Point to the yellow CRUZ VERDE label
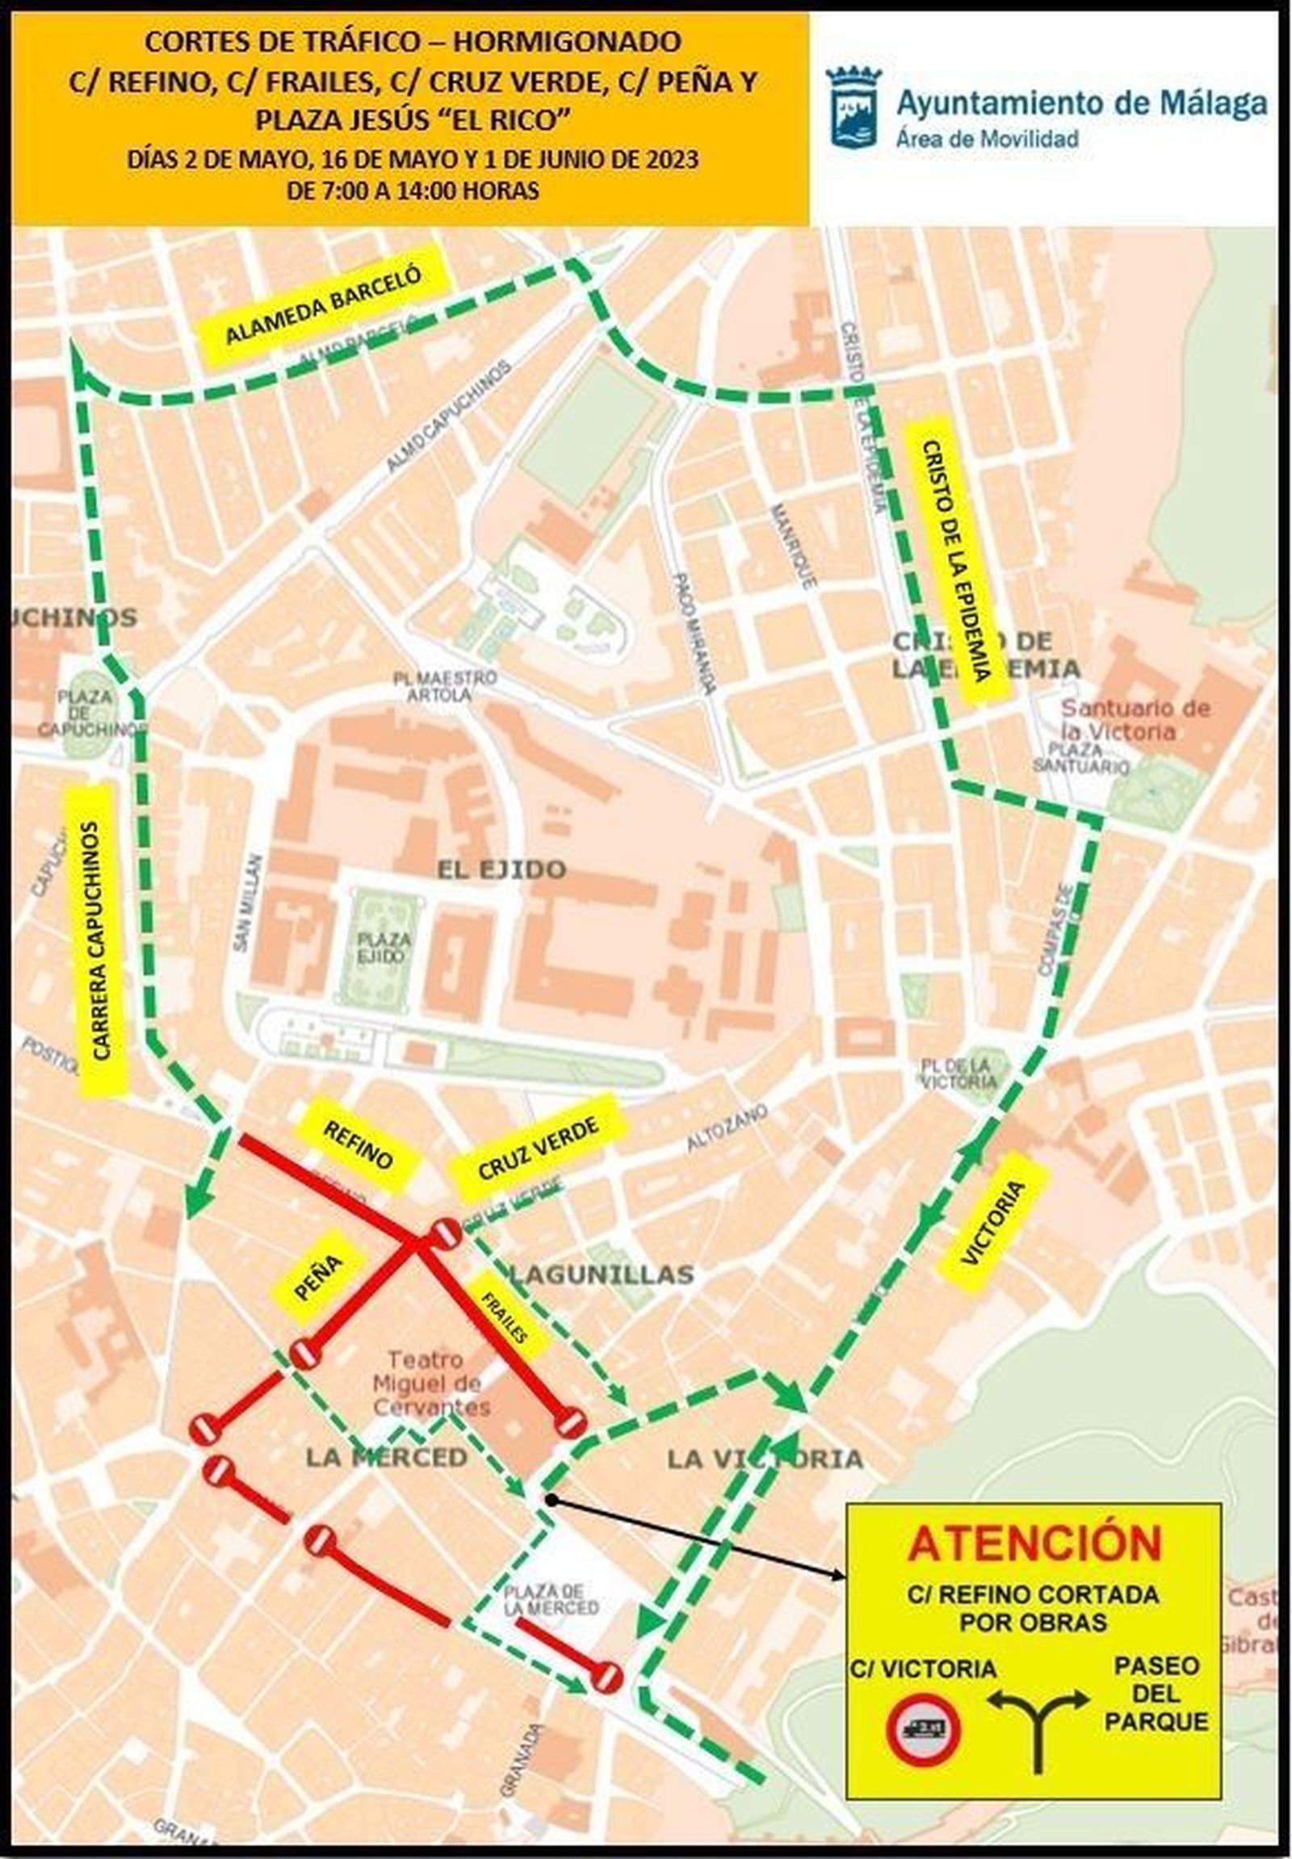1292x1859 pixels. (539, 1149)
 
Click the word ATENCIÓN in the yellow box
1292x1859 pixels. (1034, 1543)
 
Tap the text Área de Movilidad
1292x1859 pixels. (988, 138)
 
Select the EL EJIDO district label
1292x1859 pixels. (501, 870)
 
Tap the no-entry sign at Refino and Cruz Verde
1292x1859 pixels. (445, 1233)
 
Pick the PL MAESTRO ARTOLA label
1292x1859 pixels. (445, 685)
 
